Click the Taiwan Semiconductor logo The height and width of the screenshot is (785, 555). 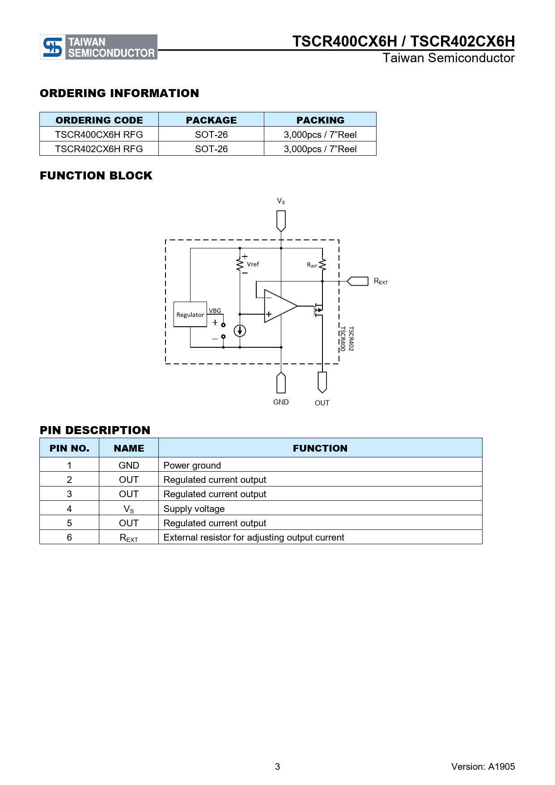coord(98,47)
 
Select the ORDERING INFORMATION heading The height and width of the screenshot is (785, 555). coord(119,93)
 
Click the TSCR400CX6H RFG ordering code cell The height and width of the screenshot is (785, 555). coord(99,134)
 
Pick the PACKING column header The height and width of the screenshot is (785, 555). coord(320,120)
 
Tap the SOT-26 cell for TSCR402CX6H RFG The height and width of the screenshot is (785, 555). coord(211,149)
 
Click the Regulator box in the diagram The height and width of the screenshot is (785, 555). coord(190,315)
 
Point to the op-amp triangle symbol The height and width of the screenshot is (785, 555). coord(279,306)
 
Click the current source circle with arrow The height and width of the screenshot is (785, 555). coord(240,331)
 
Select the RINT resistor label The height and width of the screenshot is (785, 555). coord(312,265)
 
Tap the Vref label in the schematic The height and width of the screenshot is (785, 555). coord(253,264)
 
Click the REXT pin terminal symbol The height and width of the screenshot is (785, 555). coord(358,281)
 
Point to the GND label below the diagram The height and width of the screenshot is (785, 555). coord(281,402)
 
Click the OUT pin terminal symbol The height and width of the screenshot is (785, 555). coord(322,382)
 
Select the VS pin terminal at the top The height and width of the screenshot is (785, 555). coord(281,221)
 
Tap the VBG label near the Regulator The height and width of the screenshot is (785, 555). coord(215,311)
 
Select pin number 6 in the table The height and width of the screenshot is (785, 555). coord(69,537)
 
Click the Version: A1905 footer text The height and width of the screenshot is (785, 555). coord(483,766)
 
